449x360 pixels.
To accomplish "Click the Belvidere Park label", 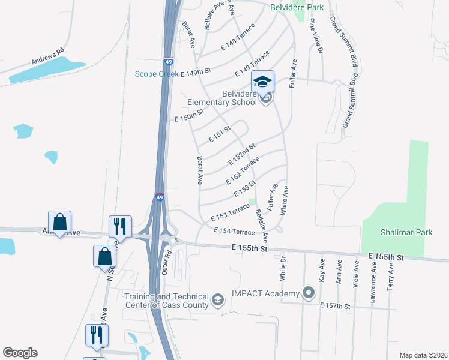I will [x=297, y=7].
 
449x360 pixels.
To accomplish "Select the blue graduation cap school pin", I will [x=262, y=82].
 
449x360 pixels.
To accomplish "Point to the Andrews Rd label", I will [x=48, y=57].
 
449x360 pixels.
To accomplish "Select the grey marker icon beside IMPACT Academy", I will [x=309, y=293].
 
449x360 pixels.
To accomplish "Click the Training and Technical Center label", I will [x=166, y=301].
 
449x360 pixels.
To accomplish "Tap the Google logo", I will [x=20, y=353].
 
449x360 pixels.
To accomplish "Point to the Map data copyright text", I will [x=424, y=355].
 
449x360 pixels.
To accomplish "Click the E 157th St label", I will [x=335, y=306].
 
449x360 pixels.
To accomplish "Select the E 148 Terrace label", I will [x=238, y=37].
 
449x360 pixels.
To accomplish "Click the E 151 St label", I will [x=220, y=134].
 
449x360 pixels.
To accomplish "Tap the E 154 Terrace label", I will [x=234, y=231].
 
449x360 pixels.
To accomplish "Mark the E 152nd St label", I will [x=243, y=155].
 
